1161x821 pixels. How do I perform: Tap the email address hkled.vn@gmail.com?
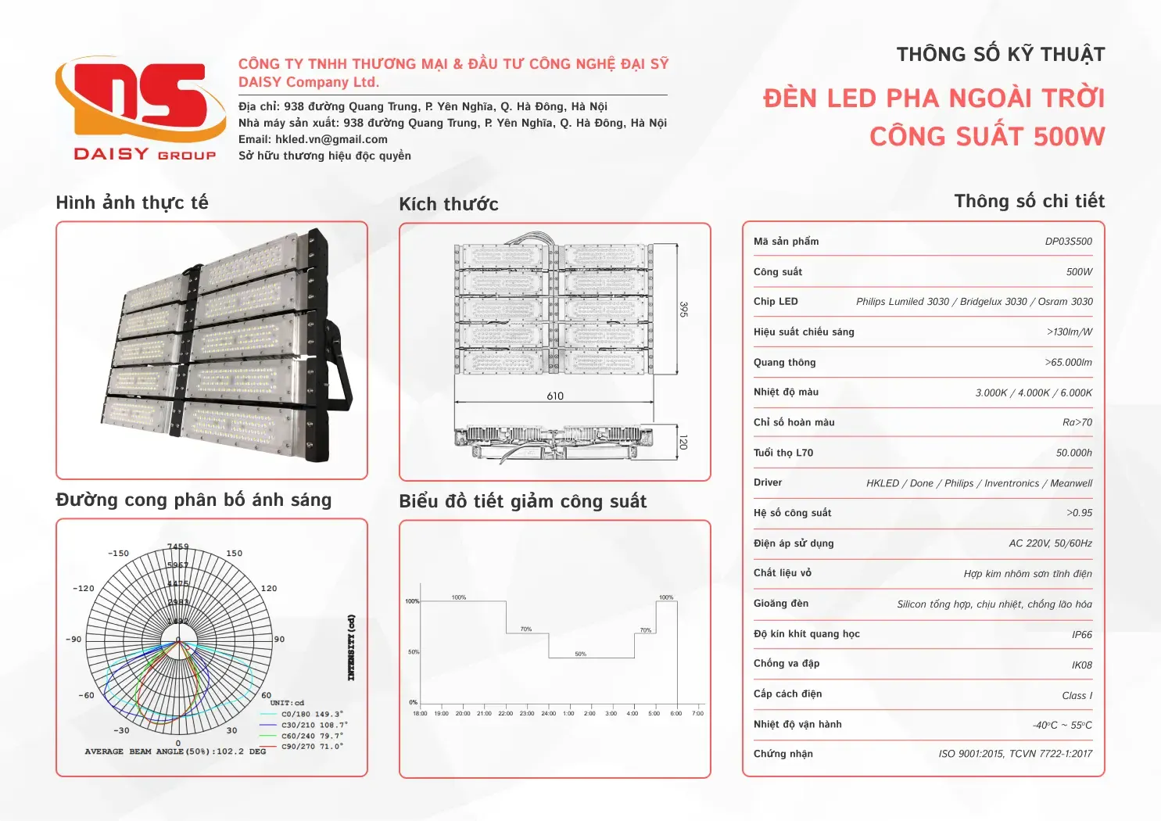(331, 139)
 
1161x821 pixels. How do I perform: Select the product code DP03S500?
(1068, 242)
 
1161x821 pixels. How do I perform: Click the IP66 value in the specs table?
(1081, 635)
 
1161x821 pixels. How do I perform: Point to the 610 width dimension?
(555, 396)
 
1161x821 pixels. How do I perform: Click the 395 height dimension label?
(683, 310)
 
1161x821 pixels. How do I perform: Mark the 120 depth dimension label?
(683, 443)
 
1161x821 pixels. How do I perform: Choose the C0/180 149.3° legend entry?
(312, 714)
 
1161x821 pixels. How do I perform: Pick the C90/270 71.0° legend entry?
(312, 747)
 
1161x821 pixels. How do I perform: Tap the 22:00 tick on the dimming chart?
(506, 713)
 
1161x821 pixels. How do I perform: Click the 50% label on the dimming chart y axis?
(413, 652)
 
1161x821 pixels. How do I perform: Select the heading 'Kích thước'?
(449, 204)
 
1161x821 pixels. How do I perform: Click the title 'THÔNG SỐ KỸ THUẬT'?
(1000, 55)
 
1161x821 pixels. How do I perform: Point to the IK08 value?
(1081, 665)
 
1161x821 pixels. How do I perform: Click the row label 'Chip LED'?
(776, 302)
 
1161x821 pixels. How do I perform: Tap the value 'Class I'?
(1077, 696)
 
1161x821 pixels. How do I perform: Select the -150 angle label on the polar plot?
(118, 554)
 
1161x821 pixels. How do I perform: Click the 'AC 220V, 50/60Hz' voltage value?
(1050, 543)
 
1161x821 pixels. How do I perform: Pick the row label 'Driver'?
(768, 482)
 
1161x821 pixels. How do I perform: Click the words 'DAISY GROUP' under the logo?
(145, 154)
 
